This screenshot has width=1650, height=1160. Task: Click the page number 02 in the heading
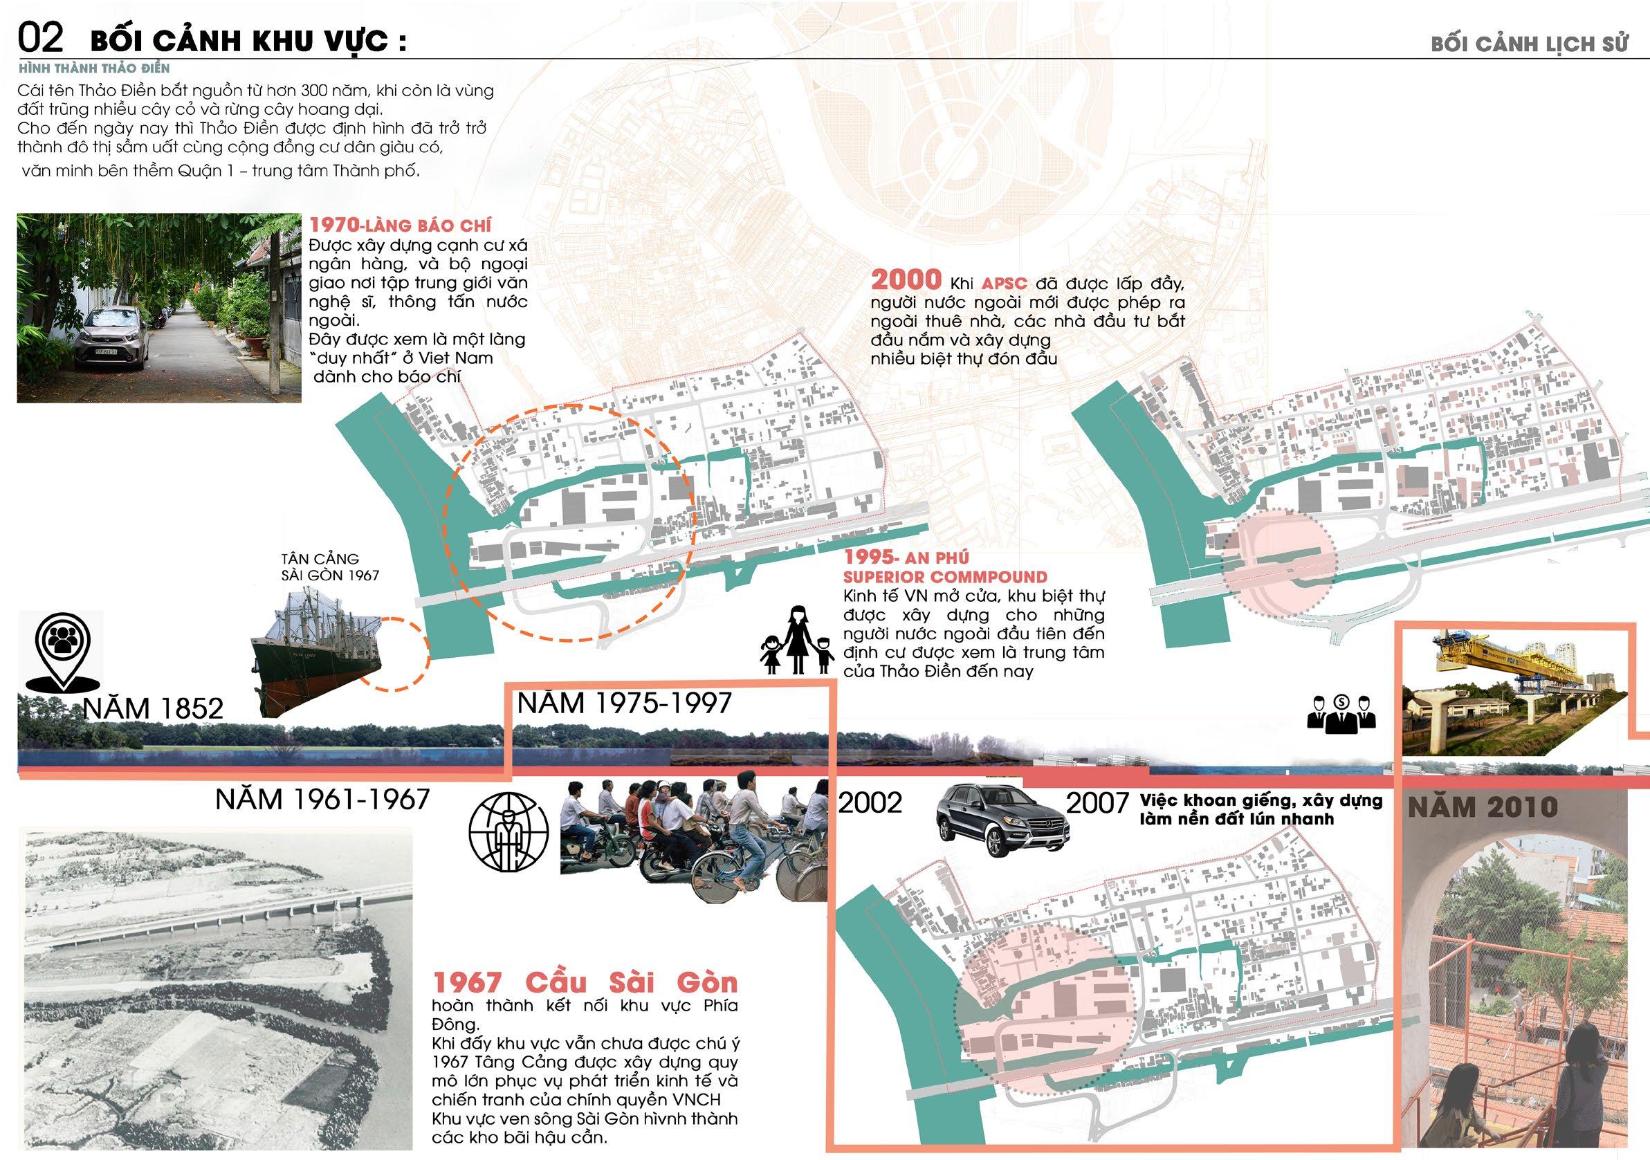pyautogui.click(x=42, y=38)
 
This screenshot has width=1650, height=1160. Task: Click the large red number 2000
pyautogui.click(x=906, y=280)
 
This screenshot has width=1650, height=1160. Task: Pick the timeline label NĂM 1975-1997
pyautogui.click(x=623, y=702)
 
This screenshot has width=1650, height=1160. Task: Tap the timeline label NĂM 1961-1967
pyautogui.click(x=322, y=798)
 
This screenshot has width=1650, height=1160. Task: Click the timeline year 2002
pyautogui.click(x=870, y=802)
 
